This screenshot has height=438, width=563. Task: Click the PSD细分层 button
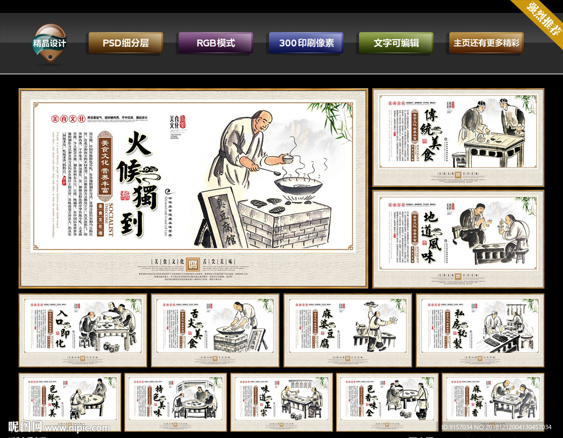pyautogui.click(x=125, y=42)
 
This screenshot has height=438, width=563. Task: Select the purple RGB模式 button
pyautogui.click(x=216, y=42)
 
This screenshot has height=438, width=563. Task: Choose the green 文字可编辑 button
pyautogui.click(x=396, y=42)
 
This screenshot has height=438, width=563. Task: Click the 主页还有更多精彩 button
pyautogui.click(x=486, y=42)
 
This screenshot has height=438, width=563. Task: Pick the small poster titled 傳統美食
pyautogui.click(x=458, y=137)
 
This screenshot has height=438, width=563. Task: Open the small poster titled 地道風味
pyautogui.click(x=458, y=239)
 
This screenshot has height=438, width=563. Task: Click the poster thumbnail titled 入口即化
pyautogui.click(x=83, y=330)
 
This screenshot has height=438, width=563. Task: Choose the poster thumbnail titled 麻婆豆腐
pyautogui.click(x=347, y=330)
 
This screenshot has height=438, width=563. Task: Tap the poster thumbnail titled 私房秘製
pyautogui.click(x=480, y=330)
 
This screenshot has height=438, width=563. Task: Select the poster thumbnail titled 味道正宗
pyautogui.click(x=281, y=403)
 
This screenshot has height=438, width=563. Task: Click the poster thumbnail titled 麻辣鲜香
pyautogui.click(x=493, y=403)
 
